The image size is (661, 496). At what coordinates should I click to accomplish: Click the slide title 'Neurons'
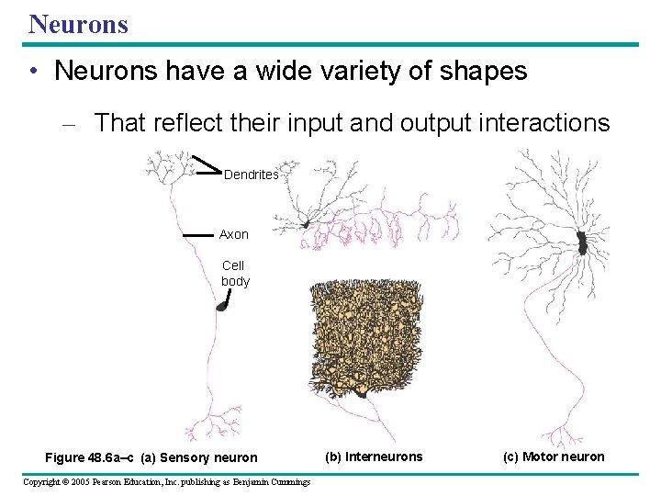pos(78,23)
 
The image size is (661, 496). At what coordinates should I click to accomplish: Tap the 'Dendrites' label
pos(251,175)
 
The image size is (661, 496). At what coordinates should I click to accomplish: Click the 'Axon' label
pos(233,234)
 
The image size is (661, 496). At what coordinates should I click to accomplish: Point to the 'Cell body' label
pos(235,274)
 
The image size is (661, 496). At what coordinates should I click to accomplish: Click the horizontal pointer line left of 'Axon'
pos(197,236)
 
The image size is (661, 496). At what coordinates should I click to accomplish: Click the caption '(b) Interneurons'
pos(375,457)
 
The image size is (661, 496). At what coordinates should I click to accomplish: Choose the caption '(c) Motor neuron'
pos(554,457)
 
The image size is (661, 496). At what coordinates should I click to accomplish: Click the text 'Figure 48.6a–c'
pos(89,457)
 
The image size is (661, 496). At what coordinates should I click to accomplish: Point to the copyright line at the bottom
pos(166,482)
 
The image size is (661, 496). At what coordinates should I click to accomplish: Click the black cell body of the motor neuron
pos(581,242)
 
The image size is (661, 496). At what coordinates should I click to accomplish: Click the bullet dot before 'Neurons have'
pos(33,73)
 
